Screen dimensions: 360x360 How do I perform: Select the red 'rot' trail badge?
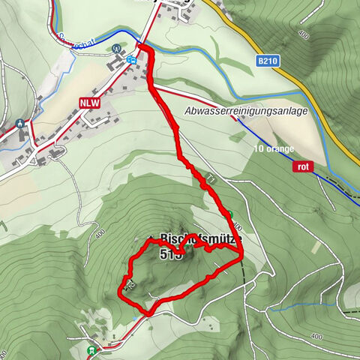coord(303,166)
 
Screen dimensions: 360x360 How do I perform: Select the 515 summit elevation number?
coord(171,254)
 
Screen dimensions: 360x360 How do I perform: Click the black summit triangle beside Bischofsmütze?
coord(151,238)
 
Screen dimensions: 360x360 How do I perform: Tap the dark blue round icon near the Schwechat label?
coord(117,49)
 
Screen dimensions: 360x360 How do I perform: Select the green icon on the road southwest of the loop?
coord(92,349)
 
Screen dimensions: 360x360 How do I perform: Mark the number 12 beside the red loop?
coord(130,286)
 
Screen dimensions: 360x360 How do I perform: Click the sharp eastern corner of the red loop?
coord(242,257)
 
